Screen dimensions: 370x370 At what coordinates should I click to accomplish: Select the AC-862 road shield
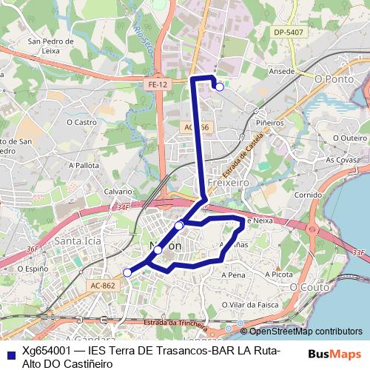click(x=101, y=285)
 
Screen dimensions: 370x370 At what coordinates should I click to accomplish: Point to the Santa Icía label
click(x=78, y=240)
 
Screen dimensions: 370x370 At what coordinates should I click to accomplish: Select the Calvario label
click(x=118, y=191)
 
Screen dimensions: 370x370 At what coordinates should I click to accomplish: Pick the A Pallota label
click(x=83, y=165)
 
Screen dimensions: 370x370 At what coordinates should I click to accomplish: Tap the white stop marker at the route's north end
click(x=219, y=87)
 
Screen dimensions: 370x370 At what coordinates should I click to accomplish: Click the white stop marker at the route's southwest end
click(x=127, y=273)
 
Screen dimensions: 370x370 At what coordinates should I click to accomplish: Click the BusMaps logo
click(x=334, y=354)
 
